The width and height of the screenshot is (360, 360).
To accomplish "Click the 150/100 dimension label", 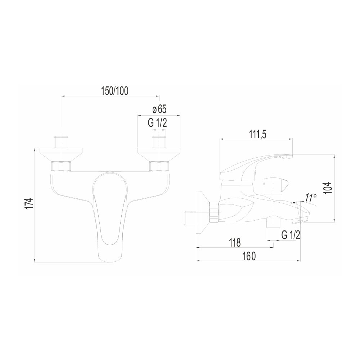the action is point(115,91).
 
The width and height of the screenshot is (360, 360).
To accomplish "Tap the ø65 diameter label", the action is point(159,109).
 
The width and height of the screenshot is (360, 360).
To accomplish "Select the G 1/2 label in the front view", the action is point(157,123).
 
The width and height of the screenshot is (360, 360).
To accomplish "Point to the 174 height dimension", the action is point(30,203).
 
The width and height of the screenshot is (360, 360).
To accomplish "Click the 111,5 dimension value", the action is point(258,135).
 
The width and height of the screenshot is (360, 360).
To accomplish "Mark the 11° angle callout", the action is point(311,198).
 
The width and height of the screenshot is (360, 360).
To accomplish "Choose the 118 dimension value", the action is point(234,242).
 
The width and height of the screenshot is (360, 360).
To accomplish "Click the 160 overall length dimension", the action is point(248,256).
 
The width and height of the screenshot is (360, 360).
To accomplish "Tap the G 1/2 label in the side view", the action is point(291,235).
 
